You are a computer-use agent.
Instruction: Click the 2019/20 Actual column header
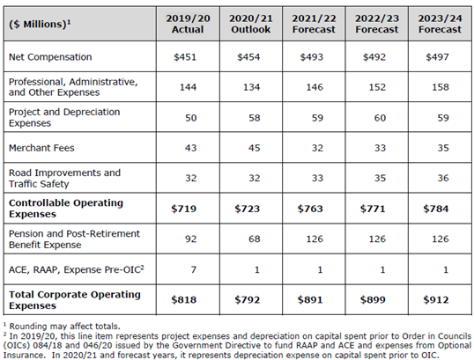pyautogui.click(x=188, y=24)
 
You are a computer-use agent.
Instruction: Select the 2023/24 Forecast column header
pyautogui.click(x=440, y=24)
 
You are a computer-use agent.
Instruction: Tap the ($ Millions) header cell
pyautogui.click(x=40, y=24)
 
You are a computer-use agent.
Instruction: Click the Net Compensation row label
pyautogui.click(x=50, y=57)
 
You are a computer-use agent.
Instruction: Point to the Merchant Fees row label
pyautogui.click(x=41, y=148)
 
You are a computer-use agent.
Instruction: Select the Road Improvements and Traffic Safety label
pyautogui.click(x=64, y=178)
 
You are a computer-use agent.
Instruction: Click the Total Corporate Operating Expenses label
pyautogui.click(x=75, y=299)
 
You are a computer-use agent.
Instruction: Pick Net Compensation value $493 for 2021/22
pyautogui.click(x=311, y=57)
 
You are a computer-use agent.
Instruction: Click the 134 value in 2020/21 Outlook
pyautogui.click(x=251, y=87)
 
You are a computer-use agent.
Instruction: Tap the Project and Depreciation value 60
pyautogui.click(x=380, y=117)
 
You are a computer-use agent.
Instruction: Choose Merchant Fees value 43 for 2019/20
pyautogui.click(x=191, y=148)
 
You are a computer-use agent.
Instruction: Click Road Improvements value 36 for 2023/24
pyautogui.click(x=443, y=178)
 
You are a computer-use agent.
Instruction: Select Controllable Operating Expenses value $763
pyautogui.click(x=310, y=209)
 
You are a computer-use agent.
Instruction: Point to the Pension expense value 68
pyautogui.click(x=255, y=239)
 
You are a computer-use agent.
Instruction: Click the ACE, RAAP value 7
pyautogui.click(x=194, y=269)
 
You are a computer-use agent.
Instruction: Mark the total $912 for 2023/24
pyautogui.click(x=436, y=299)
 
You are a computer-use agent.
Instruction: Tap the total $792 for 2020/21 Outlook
pyautogui.click(x=248, y=299)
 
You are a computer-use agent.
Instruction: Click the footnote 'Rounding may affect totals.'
pyautogui.click(x=64, y=327)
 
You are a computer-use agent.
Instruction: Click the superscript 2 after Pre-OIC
pyautogui.click(x=142, y=267)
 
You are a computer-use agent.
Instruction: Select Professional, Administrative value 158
pyautogui.click(x=441, y=87)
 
